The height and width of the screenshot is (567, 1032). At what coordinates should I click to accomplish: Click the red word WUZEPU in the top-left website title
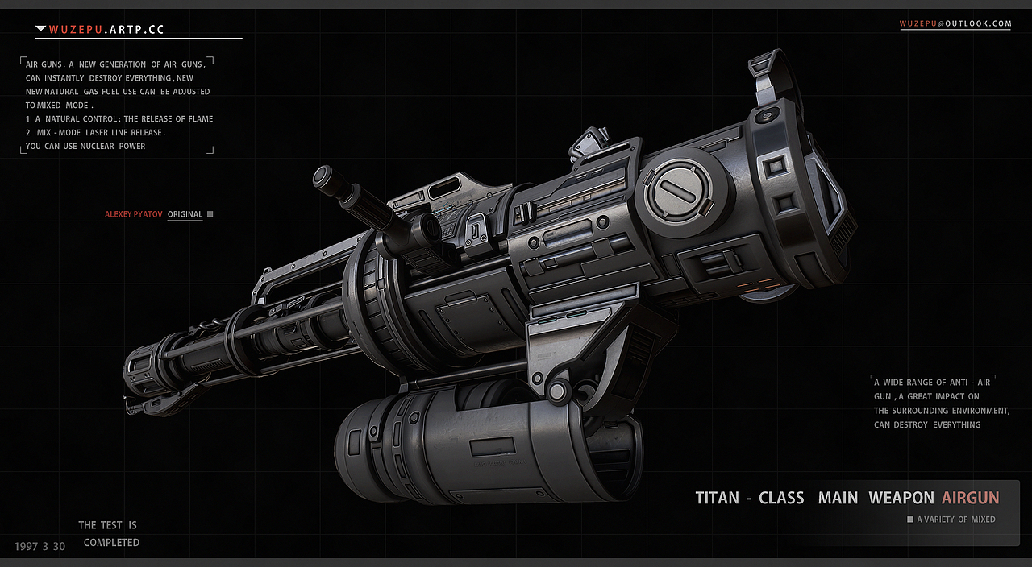coord(76,30)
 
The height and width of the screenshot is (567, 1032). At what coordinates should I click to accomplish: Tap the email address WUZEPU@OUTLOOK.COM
coord(955,23)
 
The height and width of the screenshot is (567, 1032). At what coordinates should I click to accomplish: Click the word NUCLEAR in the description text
coord(98,147)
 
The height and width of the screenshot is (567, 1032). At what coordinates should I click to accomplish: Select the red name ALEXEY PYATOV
coord(134,214)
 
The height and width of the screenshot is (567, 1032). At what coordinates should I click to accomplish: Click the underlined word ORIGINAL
coord(185,214)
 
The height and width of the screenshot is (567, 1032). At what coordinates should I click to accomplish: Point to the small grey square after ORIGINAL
coord(210,214)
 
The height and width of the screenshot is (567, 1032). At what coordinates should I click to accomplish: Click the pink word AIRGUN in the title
coord(970,498)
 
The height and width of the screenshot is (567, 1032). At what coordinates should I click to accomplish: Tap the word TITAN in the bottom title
coord(717,498)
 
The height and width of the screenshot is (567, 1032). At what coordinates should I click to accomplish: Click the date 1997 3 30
coord(40,546)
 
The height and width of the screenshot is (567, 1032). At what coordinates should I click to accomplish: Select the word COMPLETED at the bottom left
coord(111,543)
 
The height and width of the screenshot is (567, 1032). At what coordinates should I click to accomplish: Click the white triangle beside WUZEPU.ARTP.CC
coord(40,29)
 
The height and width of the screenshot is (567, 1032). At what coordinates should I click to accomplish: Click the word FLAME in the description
coord(201,119)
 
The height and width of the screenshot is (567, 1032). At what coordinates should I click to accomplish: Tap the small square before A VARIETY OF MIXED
coord(910,519)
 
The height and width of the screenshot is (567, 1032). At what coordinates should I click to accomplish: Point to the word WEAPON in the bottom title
coord(901,498)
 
